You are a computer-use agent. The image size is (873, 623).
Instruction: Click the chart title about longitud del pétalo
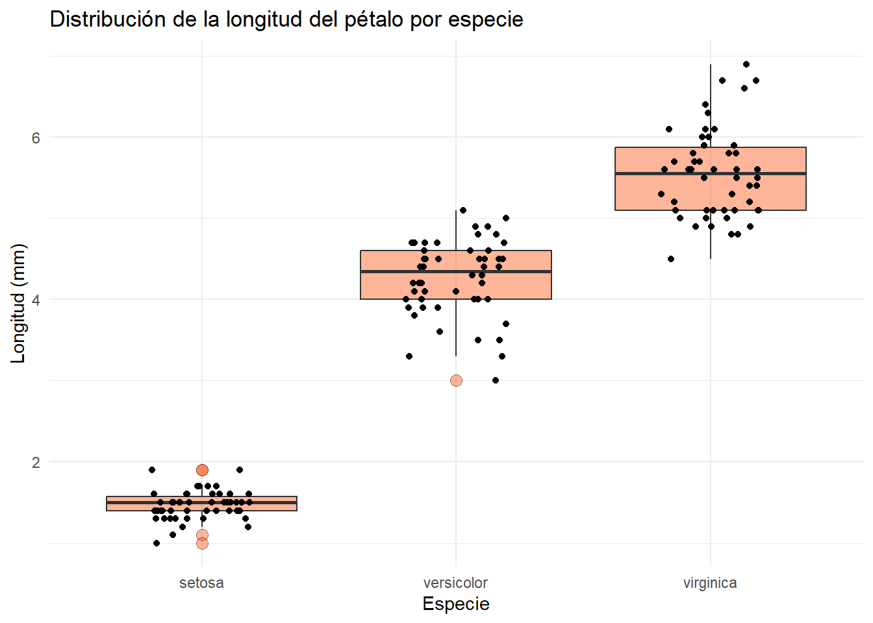[x=286, y=19]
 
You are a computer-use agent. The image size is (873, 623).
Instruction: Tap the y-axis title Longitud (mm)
[x=18, y=303]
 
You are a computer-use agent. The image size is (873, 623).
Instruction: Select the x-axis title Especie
[x=455, y=604]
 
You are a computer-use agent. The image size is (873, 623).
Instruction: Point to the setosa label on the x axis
[x=201, y=583]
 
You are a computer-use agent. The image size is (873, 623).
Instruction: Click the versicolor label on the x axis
[x=455, y=583]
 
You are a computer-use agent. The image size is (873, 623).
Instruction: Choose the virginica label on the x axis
[x=709, y=583]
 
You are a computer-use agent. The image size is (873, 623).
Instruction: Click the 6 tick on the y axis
[x=36, y=138]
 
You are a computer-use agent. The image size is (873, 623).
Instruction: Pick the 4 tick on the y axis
[x=36, y=300]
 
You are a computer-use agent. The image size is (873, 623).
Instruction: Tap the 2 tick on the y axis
[x=36, y=462]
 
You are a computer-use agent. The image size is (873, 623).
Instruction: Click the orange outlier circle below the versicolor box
[x=456, y=380]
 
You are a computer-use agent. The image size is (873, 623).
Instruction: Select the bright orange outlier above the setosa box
[x=202, y=470]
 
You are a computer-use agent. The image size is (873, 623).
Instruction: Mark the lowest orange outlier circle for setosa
[x=202, y=543]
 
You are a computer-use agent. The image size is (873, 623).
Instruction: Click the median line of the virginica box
[x=710, y=173]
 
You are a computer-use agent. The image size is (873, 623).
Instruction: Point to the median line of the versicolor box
[x=456, y=271]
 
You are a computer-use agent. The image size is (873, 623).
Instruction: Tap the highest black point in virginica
[x=746, y=64]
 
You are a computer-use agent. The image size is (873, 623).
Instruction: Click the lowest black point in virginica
[x=671, y=259]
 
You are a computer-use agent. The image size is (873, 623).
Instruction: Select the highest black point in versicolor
[x=463, y=210]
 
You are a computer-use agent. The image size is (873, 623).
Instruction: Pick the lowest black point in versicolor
[x=496, y=380]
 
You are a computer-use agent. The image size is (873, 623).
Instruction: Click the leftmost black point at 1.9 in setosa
[x=152, y=470]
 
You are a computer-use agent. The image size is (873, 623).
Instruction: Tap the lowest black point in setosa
[x=157, y=543]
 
